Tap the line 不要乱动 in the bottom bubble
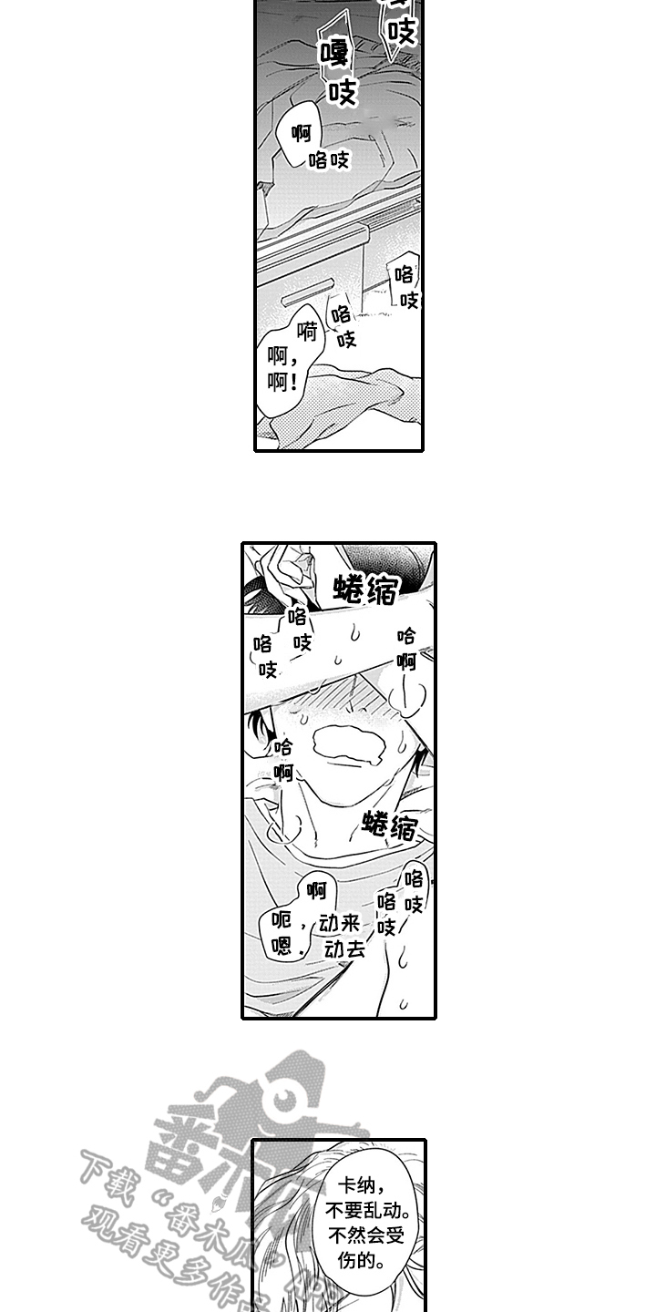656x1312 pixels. (x=368, y=1211)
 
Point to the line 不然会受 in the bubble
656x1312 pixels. (x=366, y=1235)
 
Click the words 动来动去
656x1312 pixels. (x=343, y=936)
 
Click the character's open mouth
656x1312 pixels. (x=349, y=744)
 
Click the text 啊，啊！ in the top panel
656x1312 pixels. (x=282, y=370)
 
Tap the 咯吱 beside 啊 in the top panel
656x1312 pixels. (x=329, y=159)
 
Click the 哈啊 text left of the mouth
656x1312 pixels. (x=283, y=760)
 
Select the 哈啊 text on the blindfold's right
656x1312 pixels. (x=406, y=649)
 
